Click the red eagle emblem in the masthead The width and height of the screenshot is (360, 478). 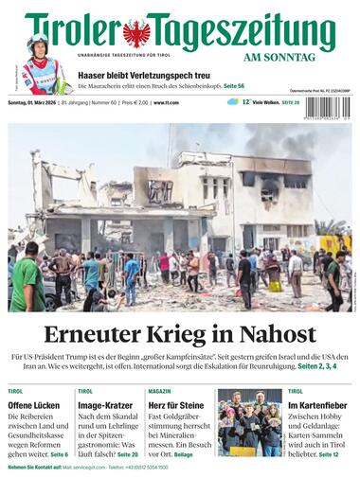tap(136, 33)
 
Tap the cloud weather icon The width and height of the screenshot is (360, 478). tap(233, 101)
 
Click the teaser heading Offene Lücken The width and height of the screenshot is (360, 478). tap(34, 405)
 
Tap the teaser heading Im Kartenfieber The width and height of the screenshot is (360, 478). tap(320, 405)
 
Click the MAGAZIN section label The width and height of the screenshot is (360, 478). tap(159, 391)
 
